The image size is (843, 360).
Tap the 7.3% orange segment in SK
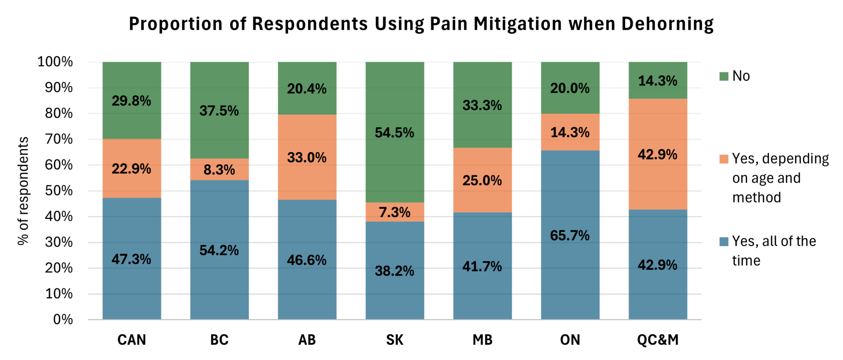(x=394, y=212)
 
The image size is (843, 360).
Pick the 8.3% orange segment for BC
(x=219, y=170)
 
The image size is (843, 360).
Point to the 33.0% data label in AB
(x=307, y=158)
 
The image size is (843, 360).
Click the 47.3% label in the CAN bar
(x=131, y=259)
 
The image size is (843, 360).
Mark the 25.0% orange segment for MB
(x=482, y=180)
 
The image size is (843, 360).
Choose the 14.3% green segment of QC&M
(x=657, y=81)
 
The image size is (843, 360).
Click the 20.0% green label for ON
(x=570, y=88)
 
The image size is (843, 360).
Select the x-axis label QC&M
(x=657, y=340)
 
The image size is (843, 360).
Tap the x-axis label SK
(x=394, y=340)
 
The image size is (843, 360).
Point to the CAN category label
(x=131, y=340)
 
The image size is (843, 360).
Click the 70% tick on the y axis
(x=58, y=139)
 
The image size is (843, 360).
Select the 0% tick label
(x=63, y=319)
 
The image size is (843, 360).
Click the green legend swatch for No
(x=724, y=77)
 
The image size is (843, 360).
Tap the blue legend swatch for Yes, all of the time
(x=724, y=242)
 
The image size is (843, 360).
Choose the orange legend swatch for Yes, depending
(x=724, y=159)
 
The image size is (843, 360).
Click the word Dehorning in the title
(x=667, y=24)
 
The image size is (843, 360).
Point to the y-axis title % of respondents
(x=23, y=190)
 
